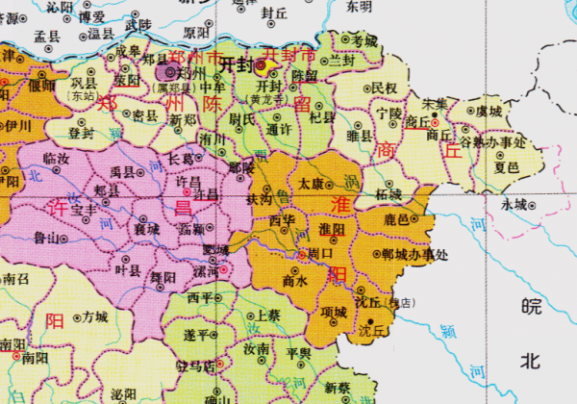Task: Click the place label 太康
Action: click(x=311, y=181)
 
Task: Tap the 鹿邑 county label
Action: click(x=397, y=220)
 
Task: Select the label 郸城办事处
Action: click(x=414, y=255)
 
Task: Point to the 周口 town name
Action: click(x=318, y=254)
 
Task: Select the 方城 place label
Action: click(x=94, y=316)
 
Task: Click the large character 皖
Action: click(x=526, y=307)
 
